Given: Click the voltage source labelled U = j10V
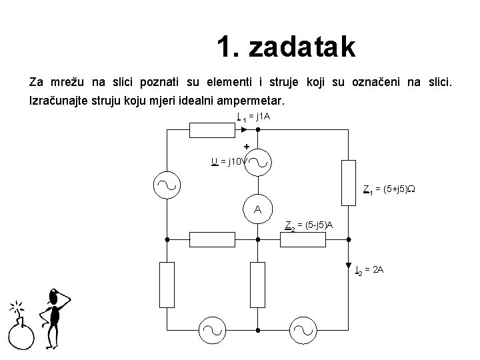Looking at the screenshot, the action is click(x=257, y=161).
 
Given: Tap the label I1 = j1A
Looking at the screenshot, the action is click(x=253, y=117).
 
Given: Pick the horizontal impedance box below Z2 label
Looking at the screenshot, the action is click(x=302, y=239).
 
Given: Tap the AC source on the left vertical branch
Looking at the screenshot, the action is click(x=167, y=185).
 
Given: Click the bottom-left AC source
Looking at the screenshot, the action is click(x=213, y=329).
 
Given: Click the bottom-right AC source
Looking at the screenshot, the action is click(x=302, y=329).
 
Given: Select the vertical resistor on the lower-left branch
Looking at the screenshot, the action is click(x=167, y=284).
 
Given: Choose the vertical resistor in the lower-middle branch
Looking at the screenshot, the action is click(x=257, y=284).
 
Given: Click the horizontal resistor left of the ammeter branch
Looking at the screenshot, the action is click(x=212, y=239).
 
